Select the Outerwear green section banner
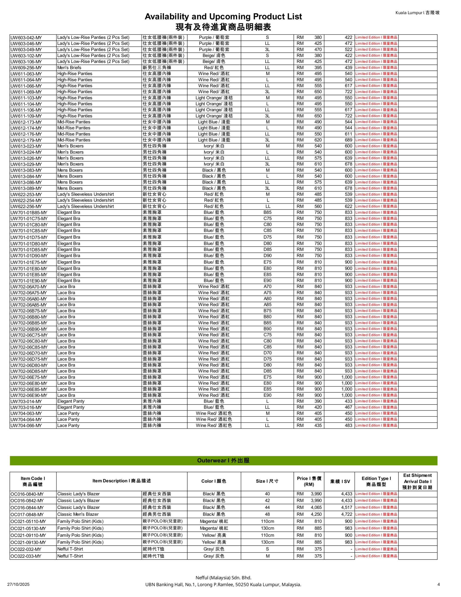(223, 461)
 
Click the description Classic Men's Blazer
(78, 514)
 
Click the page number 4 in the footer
(438, 584)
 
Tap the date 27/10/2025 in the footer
(18, 584)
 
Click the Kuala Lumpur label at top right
(417, 13)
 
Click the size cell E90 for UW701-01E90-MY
(267, 281)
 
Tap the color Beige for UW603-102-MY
(214, 56)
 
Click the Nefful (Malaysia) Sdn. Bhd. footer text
(223, 578)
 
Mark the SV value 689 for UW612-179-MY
(348, 140)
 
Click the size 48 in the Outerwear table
(267, 514)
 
